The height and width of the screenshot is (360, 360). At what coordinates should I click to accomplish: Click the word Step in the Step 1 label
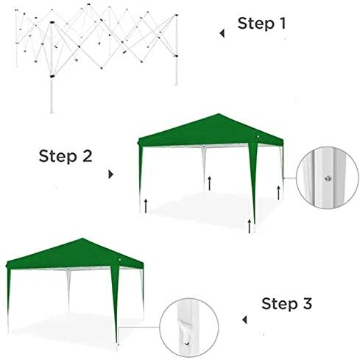[x=255, y=24]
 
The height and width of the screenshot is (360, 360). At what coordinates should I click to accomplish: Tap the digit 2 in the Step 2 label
[x=87, y=155]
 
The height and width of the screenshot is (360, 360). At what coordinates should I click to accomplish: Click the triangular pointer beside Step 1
[x=222, y=33]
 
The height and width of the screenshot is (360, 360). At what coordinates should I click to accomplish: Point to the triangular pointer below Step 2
[x=111, y=174]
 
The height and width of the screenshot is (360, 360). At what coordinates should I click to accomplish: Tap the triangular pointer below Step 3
[x=244, y=320]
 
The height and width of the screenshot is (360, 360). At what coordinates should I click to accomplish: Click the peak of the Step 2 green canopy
[x=218, y=114]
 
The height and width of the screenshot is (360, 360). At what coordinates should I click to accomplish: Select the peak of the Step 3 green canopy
[x=82, y=239]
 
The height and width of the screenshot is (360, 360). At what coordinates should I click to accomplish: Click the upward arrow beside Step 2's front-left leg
[x=146, y=205]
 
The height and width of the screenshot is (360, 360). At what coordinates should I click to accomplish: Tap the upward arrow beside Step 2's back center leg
[x=209, y=183]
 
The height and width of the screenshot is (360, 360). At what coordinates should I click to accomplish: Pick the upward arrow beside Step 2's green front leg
[x=250, y=226]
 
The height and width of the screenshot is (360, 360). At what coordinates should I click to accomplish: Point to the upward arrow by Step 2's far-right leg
[x=278, y=193]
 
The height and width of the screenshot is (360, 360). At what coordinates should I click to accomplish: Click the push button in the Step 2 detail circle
[x=328, y=178]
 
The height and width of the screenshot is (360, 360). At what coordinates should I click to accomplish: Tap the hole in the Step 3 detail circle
[x=187, y=343]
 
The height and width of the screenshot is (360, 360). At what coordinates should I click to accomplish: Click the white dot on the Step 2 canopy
[x=258, y=136]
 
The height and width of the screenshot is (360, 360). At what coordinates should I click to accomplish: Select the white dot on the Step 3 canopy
[x=120, y=260]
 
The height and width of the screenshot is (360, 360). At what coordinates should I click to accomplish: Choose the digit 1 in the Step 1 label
[x=283, y=24]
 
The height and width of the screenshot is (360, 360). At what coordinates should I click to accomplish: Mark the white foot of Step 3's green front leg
[x=117, y=347]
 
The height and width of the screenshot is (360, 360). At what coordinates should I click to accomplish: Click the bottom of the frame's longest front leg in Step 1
[x=52, y=113]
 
